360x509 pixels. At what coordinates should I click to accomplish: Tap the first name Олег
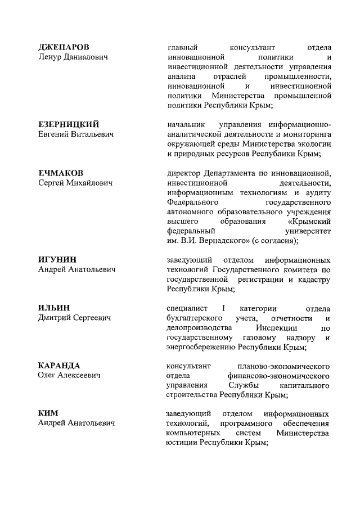[47, 375]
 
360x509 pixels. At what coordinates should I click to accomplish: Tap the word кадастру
[312, 280]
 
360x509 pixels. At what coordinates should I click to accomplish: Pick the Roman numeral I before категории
[223, 308]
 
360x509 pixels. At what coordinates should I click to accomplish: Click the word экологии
[311, 143]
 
